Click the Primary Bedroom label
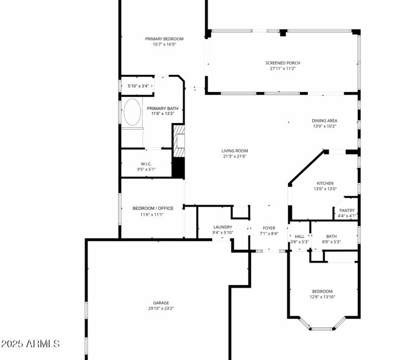[164, 39]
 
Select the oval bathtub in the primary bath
[132, 112]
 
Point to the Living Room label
[235, 151]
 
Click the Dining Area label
[325, 121]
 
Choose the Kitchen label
[325, 183]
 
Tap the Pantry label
[347, 210]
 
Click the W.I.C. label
[146, 164]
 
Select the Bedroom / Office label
[153, 208]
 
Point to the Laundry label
[223, 227]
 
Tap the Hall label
[300, 236]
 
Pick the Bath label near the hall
[331, 236]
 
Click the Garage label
[161, 303]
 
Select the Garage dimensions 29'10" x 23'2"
[161, 308]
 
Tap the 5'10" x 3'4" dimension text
[138, 86]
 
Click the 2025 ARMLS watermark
[31, 344]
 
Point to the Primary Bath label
[163, 108]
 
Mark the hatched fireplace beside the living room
[179, 144]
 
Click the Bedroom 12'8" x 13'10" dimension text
[323, 297]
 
